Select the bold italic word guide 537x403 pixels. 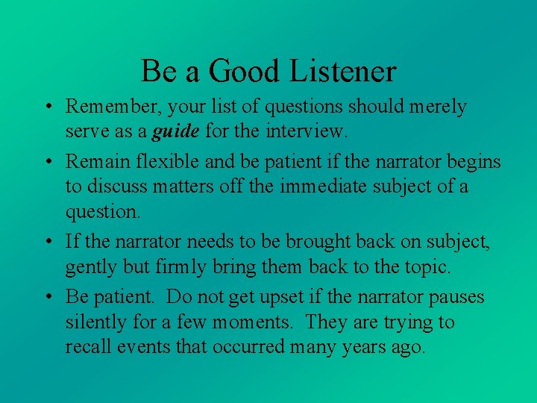coord(176,133)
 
